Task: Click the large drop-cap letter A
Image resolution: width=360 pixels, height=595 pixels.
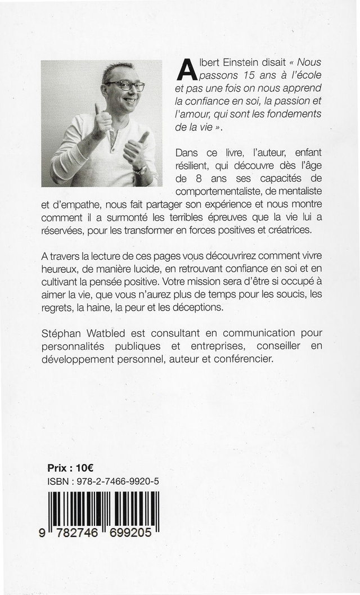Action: pyautogui.click(x=186, y=70)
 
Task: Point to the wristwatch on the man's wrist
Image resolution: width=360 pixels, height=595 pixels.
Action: pyautogui.click(x=140, y=169)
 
